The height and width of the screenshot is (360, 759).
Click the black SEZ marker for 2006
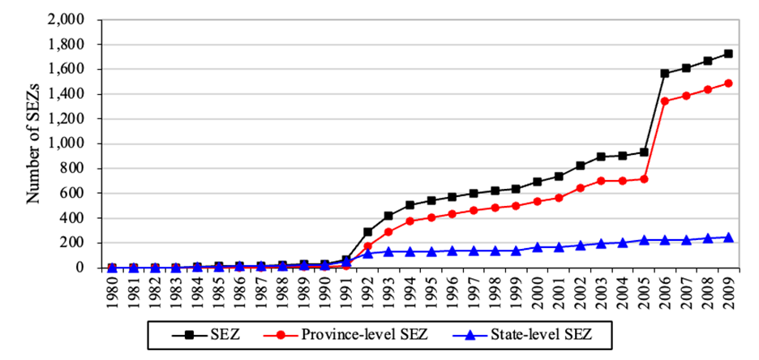pyautogui.click(x=664, y=73)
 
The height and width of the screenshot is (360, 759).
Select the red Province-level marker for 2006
pyautogui.click(x=664, y=101)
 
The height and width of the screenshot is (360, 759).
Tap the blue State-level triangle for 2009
pyautogui.click(x=729, y=237)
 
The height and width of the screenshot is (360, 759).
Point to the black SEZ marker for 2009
pyautogui.click(x=729, y=54)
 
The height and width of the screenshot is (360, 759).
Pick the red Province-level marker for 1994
pyautogui.click(x=410, y=221)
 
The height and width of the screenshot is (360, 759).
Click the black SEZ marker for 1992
pyautogui.click(x=367, y=231)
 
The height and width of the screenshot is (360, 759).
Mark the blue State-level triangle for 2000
pyautogui.click(x=538, y=246)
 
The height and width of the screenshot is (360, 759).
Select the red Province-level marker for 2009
pyautogui.click(x=729, y=83)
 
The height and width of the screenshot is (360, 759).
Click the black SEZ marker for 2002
pyautogui.click(x=580, y=165)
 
